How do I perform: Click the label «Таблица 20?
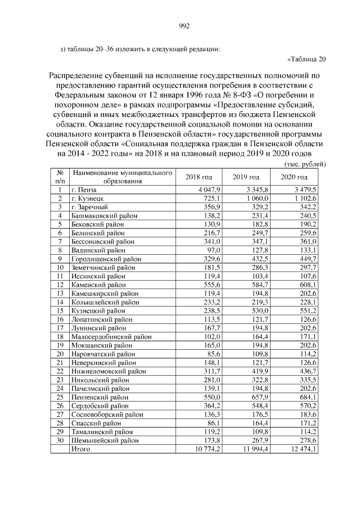306,59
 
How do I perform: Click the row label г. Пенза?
85,190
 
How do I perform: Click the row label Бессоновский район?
102,241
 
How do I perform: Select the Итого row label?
81,449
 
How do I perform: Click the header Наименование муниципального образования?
121,177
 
